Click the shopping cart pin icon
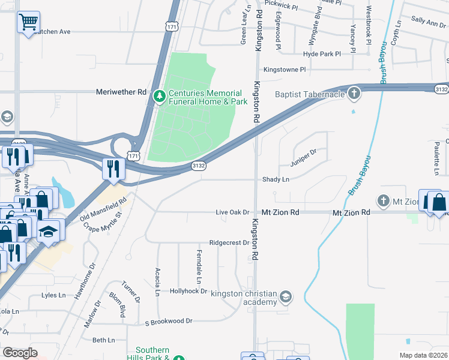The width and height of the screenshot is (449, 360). click(28, 23)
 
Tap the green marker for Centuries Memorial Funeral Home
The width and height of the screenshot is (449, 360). click(159, 96)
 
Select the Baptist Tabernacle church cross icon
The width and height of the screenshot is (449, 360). click(354, 93)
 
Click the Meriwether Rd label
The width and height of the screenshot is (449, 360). click(121, 92)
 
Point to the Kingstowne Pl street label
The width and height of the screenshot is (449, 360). click(285, 70)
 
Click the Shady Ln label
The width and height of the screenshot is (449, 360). click(276, 179)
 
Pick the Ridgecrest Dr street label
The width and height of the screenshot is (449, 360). click(229, 243)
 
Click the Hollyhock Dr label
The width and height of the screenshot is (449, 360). click(188, 291)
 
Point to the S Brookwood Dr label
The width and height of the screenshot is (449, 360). click(169, 321)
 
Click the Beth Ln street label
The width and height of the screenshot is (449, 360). click(103, 340)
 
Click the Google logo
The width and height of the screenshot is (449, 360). click(20, 352)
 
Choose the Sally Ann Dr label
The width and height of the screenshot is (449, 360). click(429, 22)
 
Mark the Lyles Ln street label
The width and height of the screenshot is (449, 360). click(53, 295)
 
